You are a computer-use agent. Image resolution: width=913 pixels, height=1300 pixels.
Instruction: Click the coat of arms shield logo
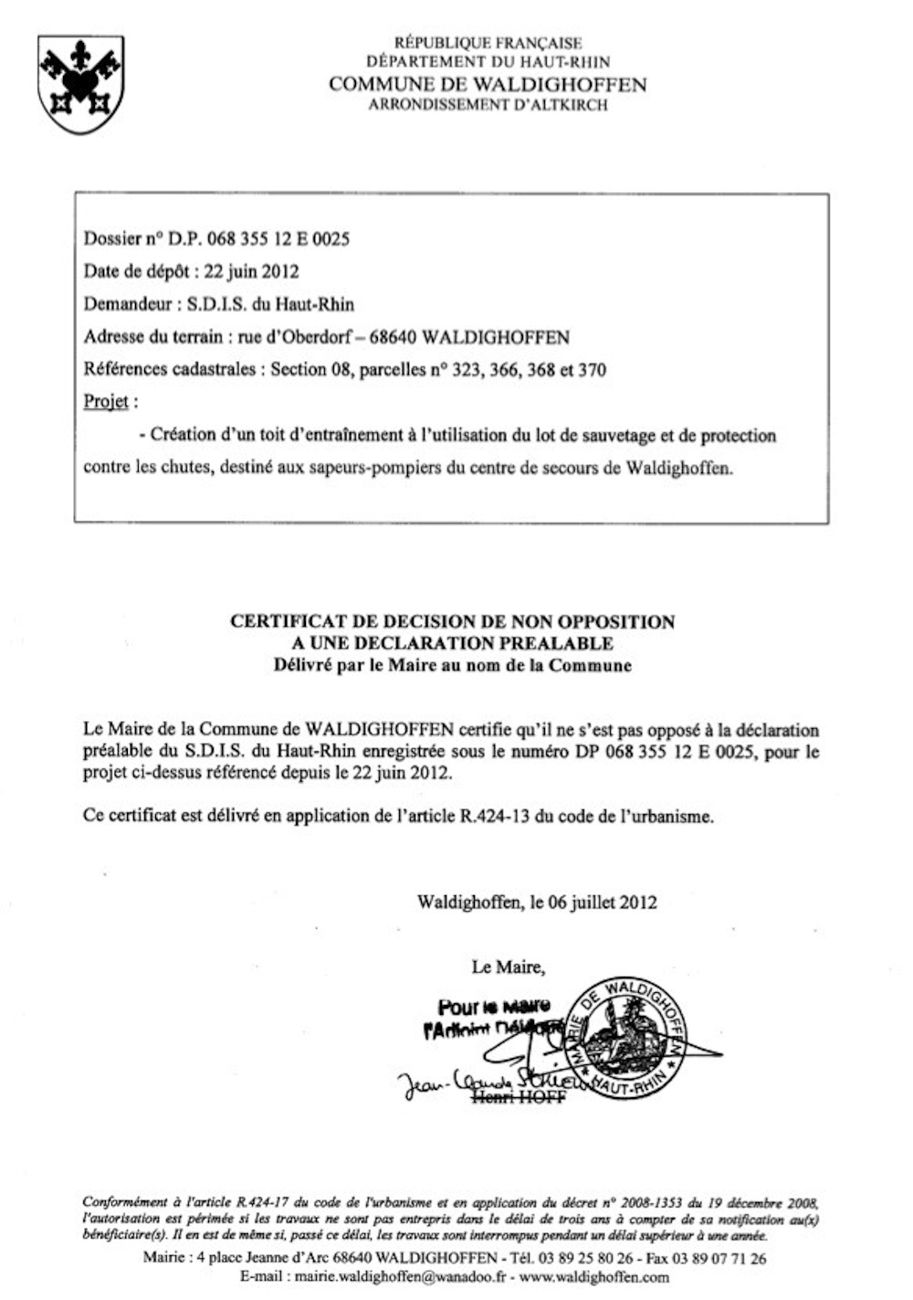click(x=80, y=83)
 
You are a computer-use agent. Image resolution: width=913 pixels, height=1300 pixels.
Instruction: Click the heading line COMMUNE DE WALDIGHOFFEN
click(x=488, y=85)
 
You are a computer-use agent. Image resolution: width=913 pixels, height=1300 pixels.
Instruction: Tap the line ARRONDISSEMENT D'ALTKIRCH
click(x=488, y=105)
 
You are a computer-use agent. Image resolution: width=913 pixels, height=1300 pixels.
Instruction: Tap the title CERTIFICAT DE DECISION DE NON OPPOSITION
click(x=452, y=622)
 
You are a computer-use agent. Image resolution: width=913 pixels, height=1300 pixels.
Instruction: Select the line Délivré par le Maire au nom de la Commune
click(x=452, y=665)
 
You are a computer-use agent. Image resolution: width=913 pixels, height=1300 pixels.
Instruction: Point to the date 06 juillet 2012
click(x=603, y=903)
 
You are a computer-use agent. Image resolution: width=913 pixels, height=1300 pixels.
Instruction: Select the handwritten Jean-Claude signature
click(x=475, y=1083)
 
